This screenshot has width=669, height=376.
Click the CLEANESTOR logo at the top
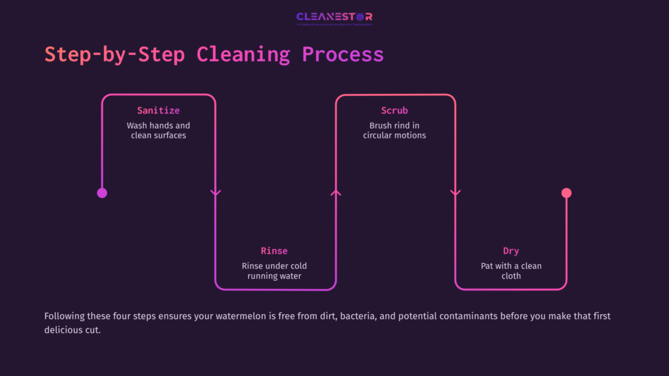click(x=334, y=18)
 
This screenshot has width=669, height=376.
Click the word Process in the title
click(x=342, y=54)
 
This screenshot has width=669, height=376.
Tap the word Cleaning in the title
click(x=243, y=54)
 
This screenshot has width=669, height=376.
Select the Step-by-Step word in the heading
click(x=114, y=54)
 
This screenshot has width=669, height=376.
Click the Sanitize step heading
click(x=158, y=110)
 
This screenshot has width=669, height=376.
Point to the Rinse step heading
click(x=274, y=251)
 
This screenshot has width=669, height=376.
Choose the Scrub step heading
click(x=394, y=110)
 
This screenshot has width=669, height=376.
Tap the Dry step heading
click(x=511, y=251)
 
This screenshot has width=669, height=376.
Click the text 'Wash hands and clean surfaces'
click(x=158, y=130)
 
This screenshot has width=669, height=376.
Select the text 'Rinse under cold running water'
click(x=274, y=271)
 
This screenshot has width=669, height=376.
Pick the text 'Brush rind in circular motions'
click(x=394, y=130)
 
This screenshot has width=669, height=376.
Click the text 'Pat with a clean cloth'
click(x=511, y=271)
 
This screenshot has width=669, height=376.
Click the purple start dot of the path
click(x=102, y=193)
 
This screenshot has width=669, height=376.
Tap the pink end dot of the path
click(x=566, y=193)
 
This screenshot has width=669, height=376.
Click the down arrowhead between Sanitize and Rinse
click(x=216, y=193)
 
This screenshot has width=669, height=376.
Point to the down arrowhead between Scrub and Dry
click(x=455, y=193)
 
